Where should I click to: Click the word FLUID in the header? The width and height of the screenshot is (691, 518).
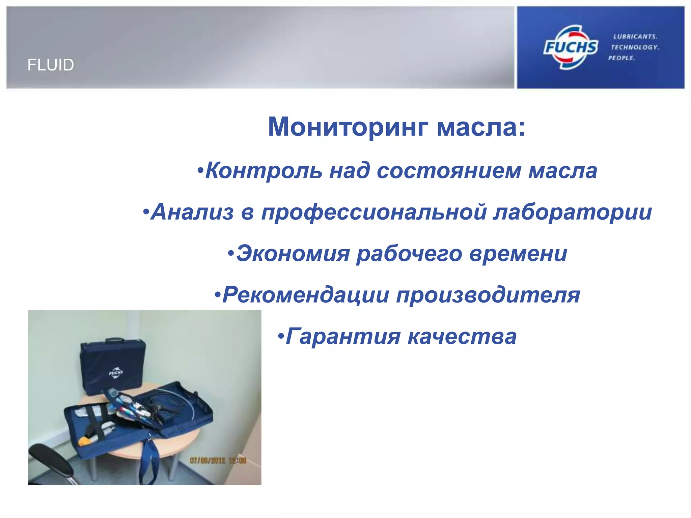tap(51, 65)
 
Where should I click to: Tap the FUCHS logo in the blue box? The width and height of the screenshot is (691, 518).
tap(570, 47)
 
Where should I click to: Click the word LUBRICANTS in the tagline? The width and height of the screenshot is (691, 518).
tap(635, 36)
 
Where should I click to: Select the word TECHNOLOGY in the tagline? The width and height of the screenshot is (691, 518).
tap(635, 47)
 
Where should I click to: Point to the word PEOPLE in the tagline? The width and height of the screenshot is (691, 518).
tap(621, 58)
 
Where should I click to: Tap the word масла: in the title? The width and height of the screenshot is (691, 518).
tap(481, 127)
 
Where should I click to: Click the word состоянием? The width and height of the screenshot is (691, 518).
tap(449, 171)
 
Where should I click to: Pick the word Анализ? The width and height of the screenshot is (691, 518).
tap(192, 212)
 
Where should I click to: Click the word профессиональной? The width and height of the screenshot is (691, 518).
tap(374, 213)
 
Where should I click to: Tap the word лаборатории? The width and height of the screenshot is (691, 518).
tap(572, 213)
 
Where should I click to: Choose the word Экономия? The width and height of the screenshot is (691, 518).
tap(293, 254)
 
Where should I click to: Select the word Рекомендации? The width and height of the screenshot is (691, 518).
tap(306, 295)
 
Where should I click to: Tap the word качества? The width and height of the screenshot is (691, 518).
tap(462, 337)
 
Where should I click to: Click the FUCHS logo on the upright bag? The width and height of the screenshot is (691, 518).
tap(116, 373)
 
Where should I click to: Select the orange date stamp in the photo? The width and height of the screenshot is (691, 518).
tap(218, 460)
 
